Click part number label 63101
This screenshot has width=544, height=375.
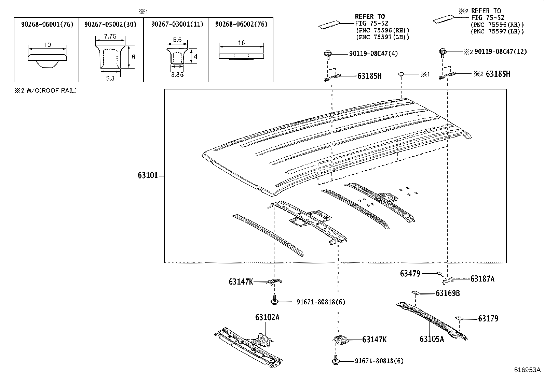pos(148,176)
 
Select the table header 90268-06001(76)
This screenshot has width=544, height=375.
pos(47,24)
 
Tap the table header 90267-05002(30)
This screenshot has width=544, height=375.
pos(111,24)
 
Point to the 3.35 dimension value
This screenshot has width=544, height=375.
pos(177,75)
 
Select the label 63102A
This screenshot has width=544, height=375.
pos(267,317)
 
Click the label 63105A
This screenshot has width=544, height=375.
pos(432,339)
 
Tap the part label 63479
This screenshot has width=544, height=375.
pos(410,273)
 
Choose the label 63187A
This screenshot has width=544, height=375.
pos(482,279)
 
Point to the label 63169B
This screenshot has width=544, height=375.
pos(448,293)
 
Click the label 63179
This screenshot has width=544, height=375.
pos(488,318)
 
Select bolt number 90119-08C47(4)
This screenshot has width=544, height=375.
pos(373,54)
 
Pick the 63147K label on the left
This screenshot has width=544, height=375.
pos(241,282)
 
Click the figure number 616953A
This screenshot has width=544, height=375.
pos(528,370)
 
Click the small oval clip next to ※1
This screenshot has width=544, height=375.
pos(402,74)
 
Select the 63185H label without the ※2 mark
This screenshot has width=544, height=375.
pos(369,76)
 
